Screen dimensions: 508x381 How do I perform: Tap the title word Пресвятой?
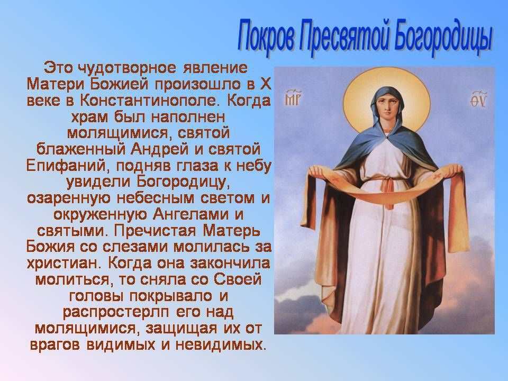pyautogui.click(x=343, y=37)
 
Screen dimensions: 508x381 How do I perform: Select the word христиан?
pyautogui.click(x=63, y=263)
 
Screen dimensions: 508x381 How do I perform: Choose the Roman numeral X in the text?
pyautogui.click(x=265, y=85)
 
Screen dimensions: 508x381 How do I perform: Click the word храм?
pyautogui.click(x=89, y=117)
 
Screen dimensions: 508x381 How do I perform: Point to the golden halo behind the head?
pyautogui.click(x=386, y=78)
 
